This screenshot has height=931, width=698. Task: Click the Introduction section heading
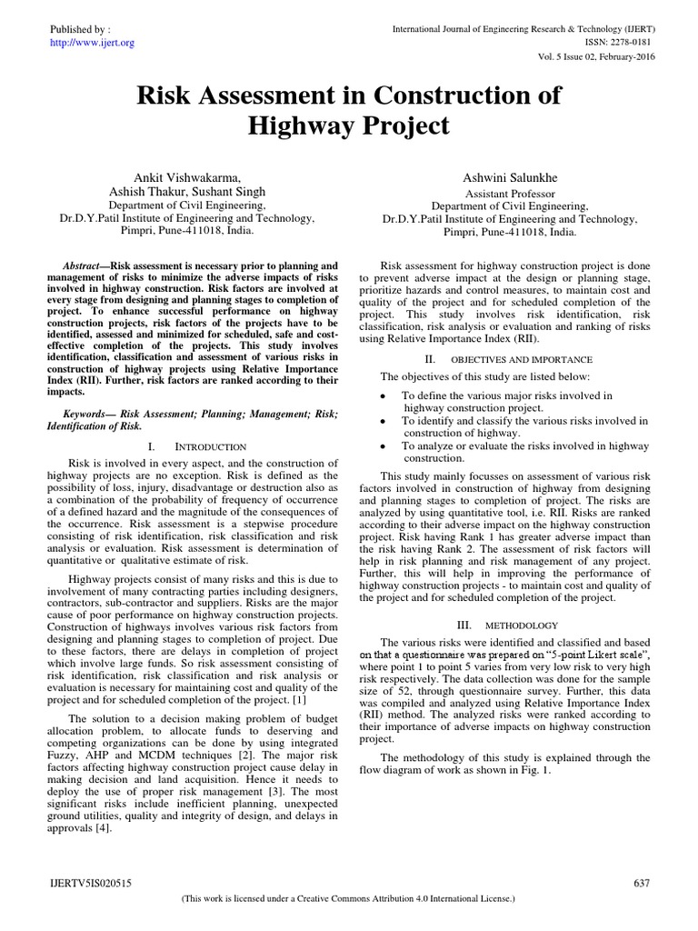pyautogui.click(x=210, y=447)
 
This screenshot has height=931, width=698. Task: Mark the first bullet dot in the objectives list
pyautogui.click(x=384, y=396)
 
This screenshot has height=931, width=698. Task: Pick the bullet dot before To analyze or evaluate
pyautogui.click(x=384, y=447)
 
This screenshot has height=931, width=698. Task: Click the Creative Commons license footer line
pyautogui.click(x=349, y=898)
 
